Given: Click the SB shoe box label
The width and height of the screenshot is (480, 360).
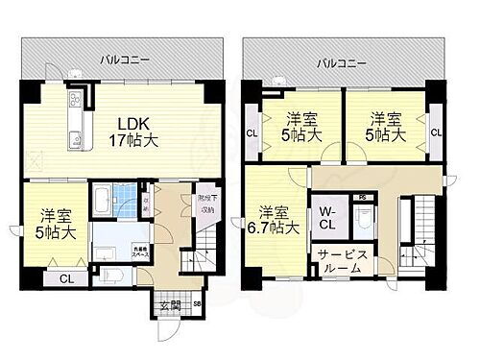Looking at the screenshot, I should (197, 304).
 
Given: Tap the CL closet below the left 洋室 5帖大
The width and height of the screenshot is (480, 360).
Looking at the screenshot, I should (65, 278).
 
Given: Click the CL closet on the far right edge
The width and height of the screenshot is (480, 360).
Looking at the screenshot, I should (436, 132).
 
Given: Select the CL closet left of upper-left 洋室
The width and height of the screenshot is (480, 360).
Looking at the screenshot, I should (252, 132).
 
